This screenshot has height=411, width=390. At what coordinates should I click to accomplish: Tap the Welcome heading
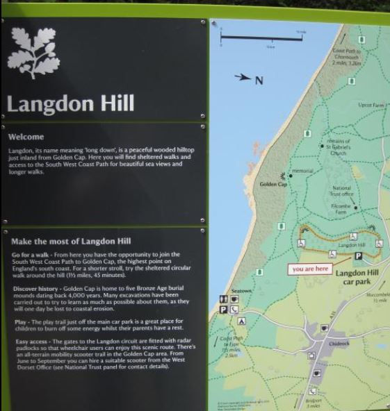26,137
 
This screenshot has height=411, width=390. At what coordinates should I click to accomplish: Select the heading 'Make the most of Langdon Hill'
71,242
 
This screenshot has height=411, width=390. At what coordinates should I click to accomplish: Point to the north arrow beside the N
243,78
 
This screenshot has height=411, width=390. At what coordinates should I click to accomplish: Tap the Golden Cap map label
273,185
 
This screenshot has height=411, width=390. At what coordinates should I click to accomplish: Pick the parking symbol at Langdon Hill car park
359,256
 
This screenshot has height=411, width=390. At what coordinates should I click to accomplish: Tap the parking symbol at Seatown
224,310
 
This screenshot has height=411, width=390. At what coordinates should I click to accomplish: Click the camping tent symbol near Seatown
241,321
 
